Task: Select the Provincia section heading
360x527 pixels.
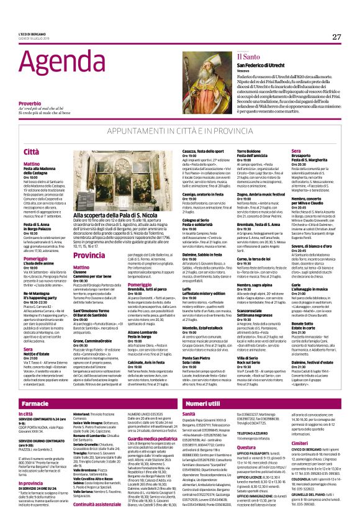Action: pyautogui.click(x=89, y=237)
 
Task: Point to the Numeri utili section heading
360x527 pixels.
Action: pyautogui.click(x=203, y=387)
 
